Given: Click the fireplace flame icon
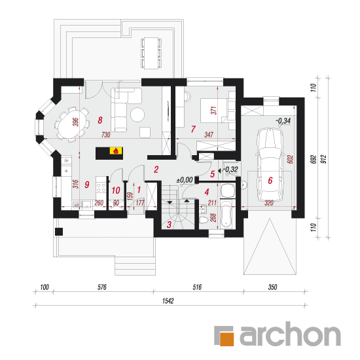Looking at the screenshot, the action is (x=115, y=151).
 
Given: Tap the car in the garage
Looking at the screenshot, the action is (x=270, y=164).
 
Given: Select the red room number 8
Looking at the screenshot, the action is (x=100, y=120).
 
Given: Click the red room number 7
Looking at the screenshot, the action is (x=193, y=129).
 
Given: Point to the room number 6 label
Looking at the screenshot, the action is (x=270, y=181).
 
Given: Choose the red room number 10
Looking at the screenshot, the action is (x=116, y=190).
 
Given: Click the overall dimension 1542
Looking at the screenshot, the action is (x=168, y=301).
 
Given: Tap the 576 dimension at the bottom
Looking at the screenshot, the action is (x=102, y=287).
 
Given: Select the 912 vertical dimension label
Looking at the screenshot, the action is (x=323, y=159).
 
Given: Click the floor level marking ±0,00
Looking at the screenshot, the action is (x=185, y=179).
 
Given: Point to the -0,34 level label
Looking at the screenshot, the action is (x=283, y=120).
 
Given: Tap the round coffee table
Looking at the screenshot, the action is (x=137, y=115).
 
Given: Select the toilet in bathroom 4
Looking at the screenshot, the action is (x=204, y=220).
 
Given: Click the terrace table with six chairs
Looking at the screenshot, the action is (x=151, y=53).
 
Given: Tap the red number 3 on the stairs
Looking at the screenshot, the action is (x=169, y=225).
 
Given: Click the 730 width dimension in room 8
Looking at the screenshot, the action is (x=105, y=135).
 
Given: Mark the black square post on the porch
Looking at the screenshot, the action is (x=59, y=232).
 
